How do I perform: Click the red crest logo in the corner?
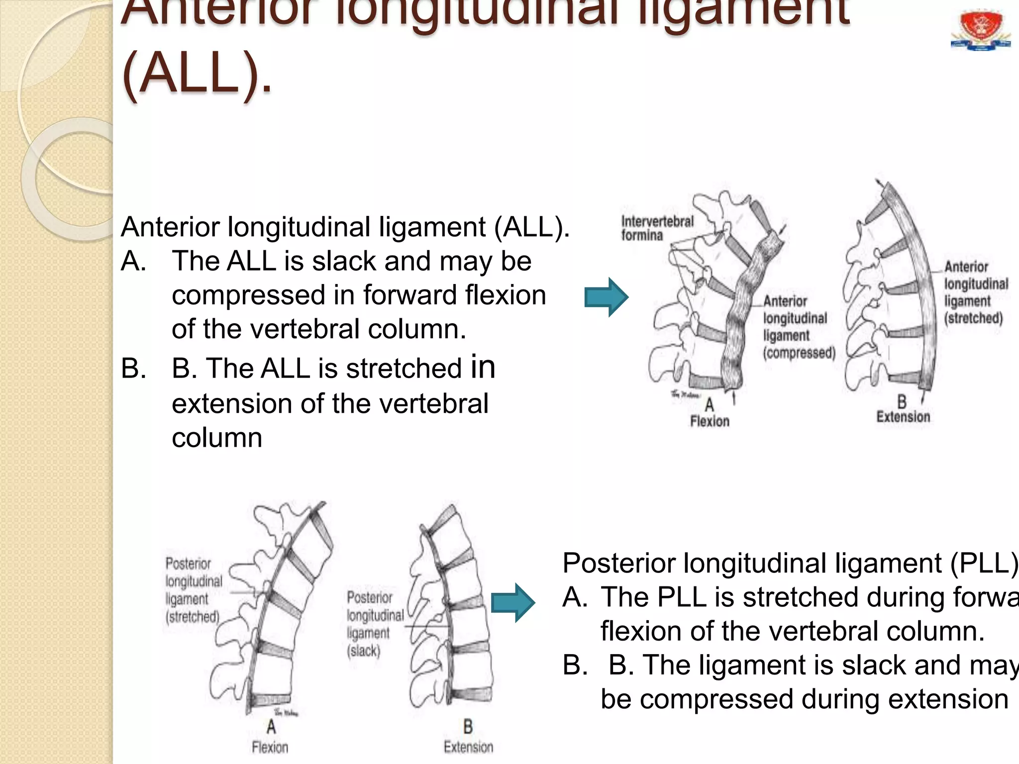pos(980,31)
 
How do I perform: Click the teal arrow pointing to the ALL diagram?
pos(606,297)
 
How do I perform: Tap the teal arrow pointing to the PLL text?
pos(512,603)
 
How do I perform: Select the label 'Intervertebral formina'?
pos(657,228)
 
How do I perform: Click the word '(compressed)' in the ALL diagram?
pos(799,353)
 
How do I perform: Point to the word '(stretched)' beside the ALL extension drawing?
pos(973,318)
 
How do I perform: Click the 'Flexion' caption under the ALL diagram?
pos(710,421)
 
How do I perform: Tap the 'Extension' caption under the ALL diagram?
pos(903,417)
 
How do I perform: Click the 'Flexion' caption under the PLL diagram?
pos(270,747)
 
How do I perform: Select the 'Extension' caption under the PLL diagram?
pos(468,747)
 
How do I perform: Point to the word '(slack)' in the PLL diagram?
pos(364,651)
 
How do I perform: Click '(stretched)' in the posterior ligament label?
pos(193,617)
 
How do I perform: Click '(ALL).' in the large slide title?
pos(197,76)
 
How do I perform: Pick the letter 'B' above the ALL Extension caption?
pos(902,401)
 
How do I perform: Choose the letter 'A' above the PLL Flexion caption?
pos(271,727)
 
